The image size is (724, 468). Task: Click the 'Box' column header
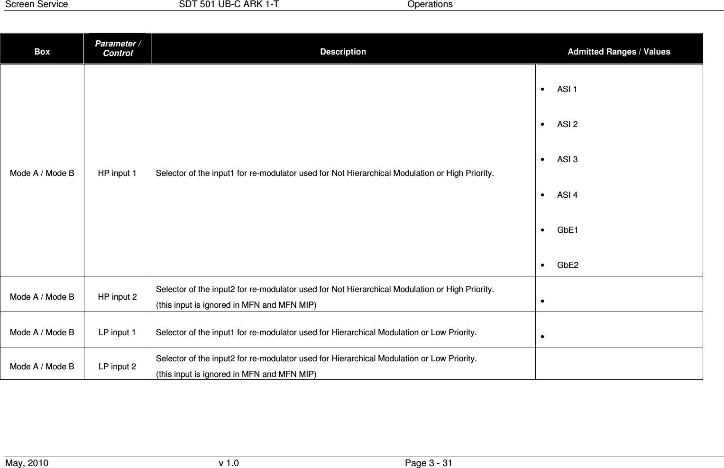coord(42,52)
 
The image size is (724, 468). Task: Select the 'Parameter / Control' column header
coord(118,48)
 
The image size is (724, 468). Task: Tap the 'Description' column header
coord(343,52)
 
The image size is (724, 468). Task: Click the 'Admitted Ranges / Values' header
coord(619,52)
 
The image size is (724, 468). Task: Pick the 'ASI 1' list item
coord(567,89)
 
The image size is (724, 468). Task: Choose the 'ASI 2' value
coord(567,124)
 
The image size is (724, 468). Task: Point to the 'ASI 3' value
coord(567,159)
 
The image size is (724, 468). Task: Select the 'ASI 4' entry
coord(567,195)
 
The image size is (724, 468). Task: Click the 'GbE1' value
coord(568,230)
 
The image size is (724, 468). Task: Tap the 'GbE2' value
coord(568,265)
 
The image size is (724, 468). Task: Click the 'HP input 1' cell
coord(117,173)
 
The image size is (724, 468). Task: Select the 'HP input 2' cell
coord(118,297)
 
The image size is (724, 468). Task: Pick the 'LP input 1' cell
coord(117,332)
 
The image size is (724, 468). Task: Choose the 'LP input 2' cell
coord(117,367)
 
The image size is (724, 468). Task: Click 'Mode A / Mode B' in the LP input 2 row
coord(42,367)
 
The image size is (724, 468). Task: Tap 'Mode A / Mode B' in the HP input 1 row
coord(42,173)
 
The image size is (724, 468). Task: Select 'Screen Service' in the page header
coord(36,4)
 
